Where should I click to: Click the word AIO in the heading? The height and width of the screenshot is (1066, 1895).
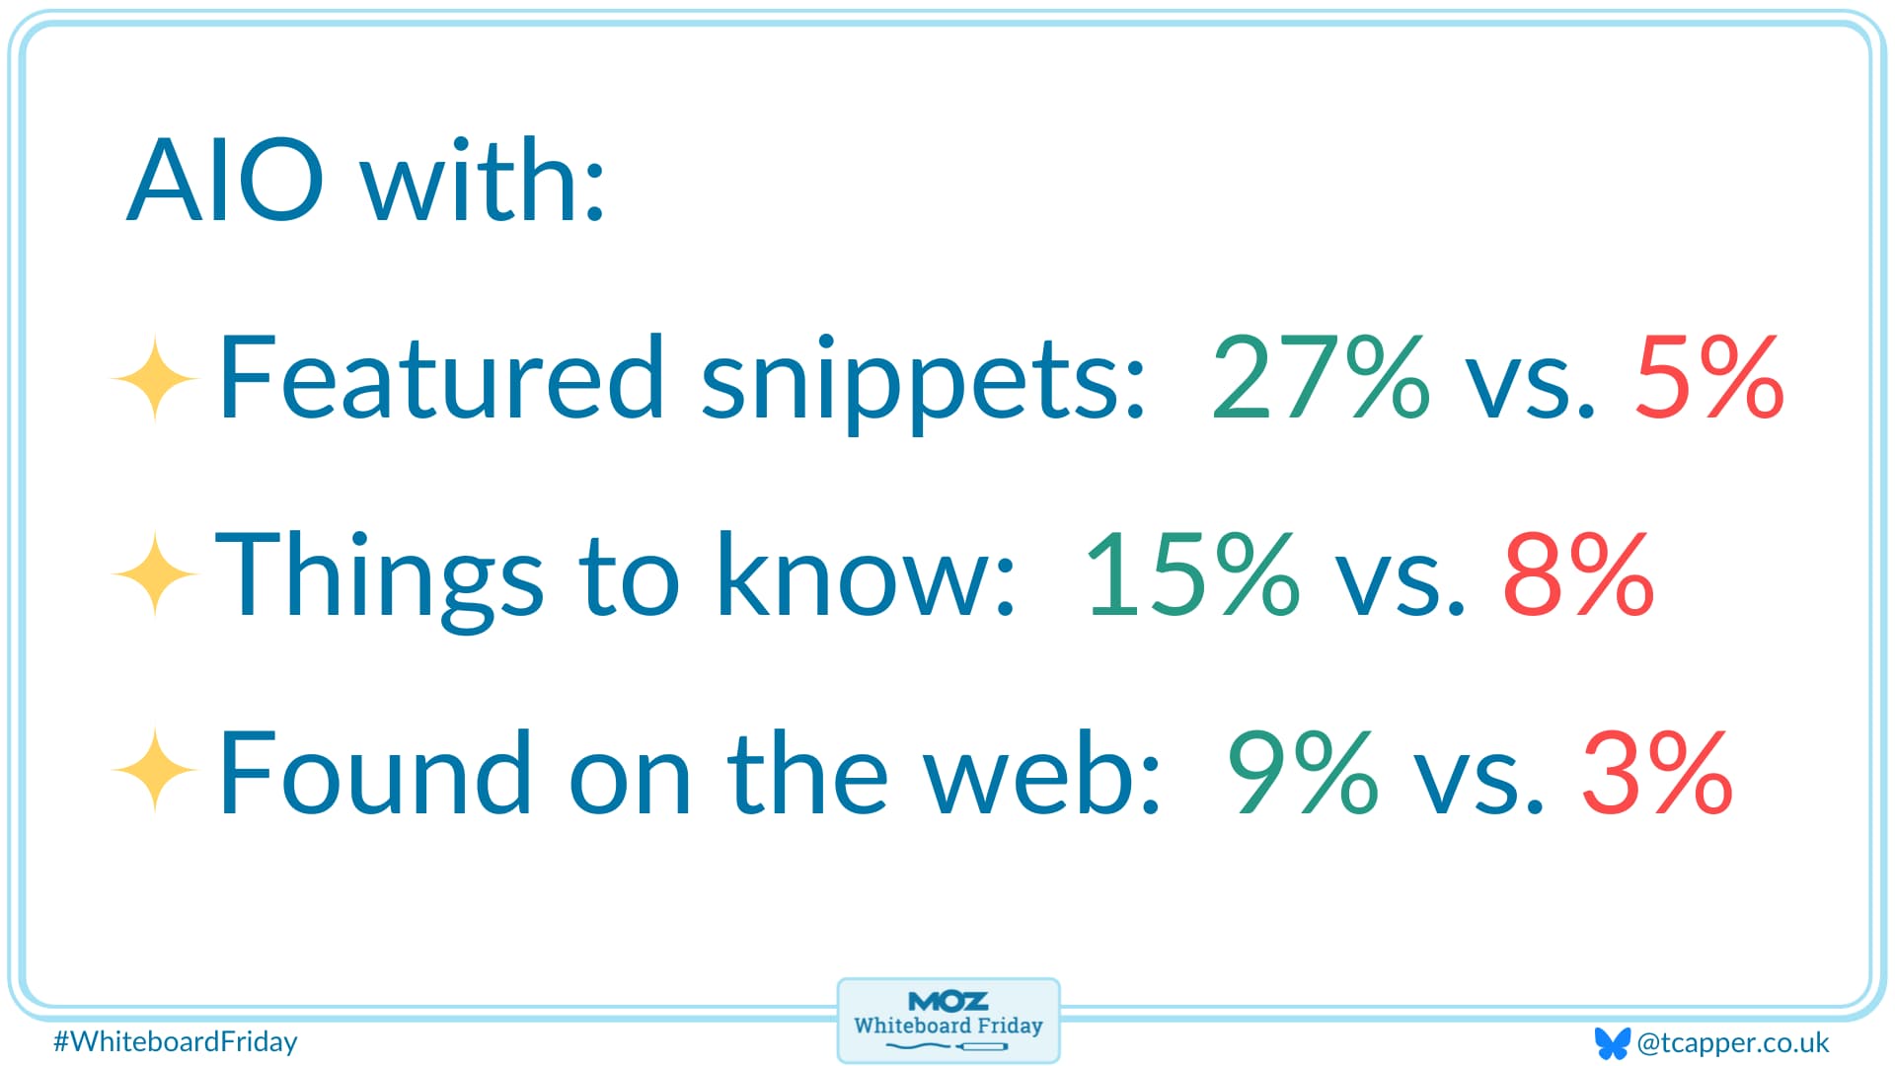click(x=225, y=181)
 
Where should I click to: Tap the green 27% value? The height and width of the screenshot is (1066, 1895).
click(x=1321, y=376)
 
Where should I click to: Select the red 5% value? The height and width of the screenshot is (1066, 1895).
click(x=1709, y=376)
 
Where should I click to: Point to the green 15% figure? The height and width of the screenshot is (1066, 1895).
click(x=1192, y=573)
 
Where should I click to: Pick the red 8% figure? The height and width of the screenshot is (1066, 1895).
click(x=1578, y=573)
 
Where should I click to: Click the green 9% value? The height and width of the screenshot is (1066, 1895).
click(x=1302, y=771)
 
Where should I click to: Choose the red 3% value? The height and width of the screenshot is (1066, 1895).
click(x=1657, y=771)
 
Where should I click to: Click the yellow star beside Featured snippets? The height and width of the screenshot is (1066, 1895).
click(x=155, y=379)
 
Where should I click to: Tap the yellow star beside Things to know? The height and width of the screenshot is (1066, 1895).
click(x=155, y=574)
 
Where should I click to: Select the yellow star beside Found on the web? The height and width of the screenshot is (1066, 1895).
click(x=155, y=770)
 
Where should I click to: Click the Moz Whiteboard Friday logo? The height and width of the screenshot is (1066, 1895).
click(x=948, y=1021)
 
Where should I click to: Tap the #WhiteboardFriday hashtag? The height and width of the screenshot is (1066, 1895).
click(x=176, y=1041)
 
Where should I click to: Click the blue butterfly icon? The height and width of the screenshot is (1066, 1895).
click(x=1612, y=1042)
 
